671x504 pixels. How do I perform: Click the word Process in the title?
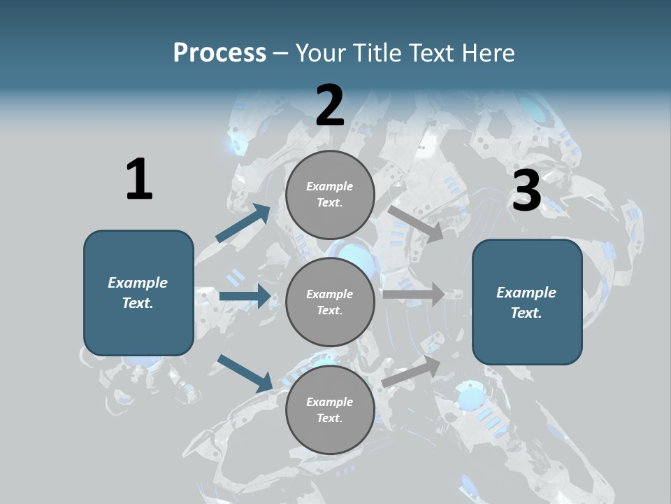click(x=219, y=53)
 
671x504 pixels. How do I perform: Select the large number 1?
click(x=138, y=180)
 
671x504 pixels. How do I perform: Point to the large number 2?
click(x=330, y=106)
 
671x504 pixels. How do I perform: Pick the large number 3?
click(x=526, y=191)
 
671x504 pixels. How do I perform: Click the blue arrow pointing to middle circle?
click(x=245, y=296)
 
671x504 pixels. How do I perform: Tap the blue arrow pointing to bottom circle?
click(x=245, y=372)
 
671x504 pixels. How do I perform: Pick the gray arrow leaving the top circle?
click(x=416, y=223)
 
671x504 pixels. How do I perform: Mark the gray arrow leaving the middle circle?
click(x=414, y=294)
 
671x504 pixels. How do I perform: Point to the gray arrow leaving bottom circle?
click(x=411, y=371)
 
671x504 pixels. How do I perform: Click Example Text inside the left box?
click(x=138, y=293)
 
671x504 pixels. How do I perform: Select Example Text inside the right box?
click(x=526, y=302)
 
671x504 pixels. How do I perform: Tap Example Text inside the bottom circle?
click(x=330, y=409)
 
